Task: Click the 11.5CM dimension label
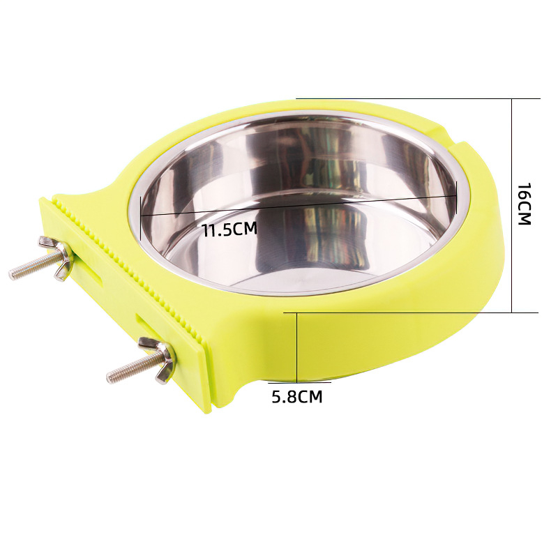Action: pos(230,229)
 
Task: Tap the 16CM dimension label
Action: pos(524,204)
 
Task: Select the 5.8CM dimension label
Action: pos(297,396)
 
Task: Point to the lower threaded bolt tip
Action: pos(110,377)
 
